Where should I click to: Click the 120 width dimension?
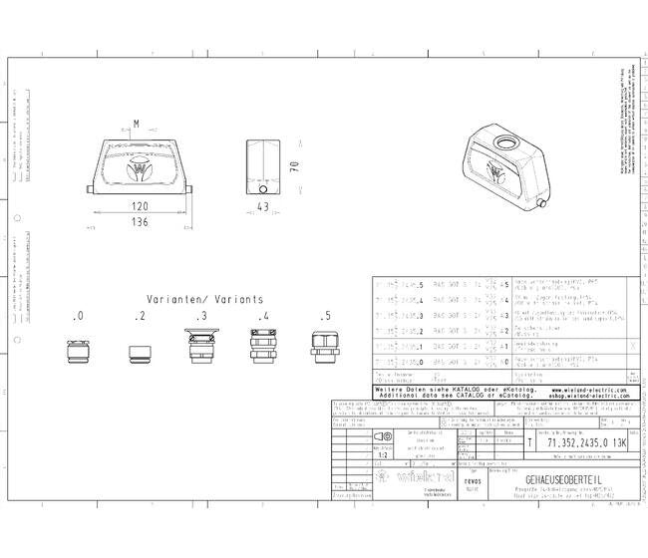pos(140,206)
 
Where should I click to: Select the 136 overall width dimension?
pos(140,221)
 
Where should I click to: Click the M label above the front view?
pos(138,123)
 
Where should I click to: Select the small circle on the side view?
pos(263,188)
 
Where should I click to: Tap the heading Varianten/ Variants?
pos(205,298)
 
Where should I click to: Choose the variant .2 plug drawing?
pos(141,354)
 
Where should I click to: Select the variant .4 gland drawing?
pos(263,349)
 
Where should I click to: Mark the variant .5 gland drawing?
pos(324,350)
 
